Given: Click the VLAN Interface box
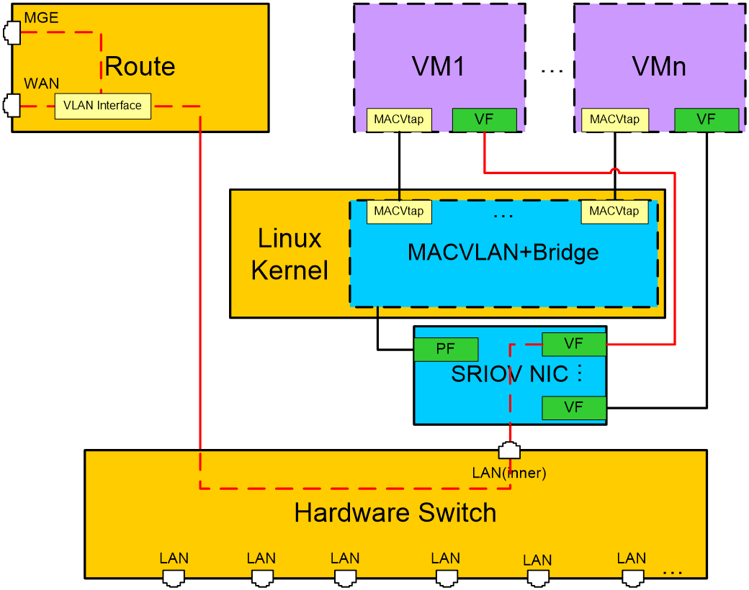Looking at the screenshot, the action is tap(103, 106).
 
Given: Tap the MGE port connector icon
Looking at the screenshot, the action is tap(12, 33).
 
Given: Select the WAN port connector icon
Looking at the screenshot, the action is tap(12, 106).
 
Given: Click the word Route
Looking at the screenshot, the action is tap(140, 66).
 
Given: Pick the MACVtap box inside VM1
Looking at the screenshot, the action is tap(399, 120).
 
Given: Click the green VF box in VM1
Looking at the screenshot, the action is tap(485, 120).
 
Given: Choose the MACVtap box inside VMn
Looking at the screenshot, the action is tap(615, 120).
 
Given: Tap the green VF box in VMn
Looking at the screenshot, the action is tap(707, 120).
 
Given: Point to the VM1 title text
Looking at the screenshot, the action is tap(439, 66).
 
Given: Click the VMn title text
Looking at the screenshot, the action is tap(659, 66).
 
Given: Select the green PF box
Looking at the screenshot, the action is tap(446, 350).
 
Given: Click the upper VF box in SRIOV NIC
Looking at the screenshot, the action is tap(574, 344).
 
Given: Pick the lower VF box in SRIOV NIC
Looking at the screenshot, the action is tap(574, 408).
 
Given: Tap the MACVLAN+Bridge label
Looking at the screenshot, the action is tap(503, 253).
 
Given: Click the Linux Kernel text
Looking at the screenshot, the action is tap(290, 255).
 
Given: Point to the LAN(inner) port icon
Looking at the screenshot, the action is tap(509, 450).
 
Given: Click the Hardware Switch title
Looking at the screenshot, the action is tap(395, 513).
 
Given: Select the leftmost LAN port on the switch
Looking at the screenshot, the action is tap(174, 578).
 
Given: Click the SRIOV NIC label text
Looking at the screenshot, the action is tap(510, 374).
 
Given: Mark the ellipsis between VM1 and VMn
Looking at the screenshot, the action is tap(552, 71).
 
